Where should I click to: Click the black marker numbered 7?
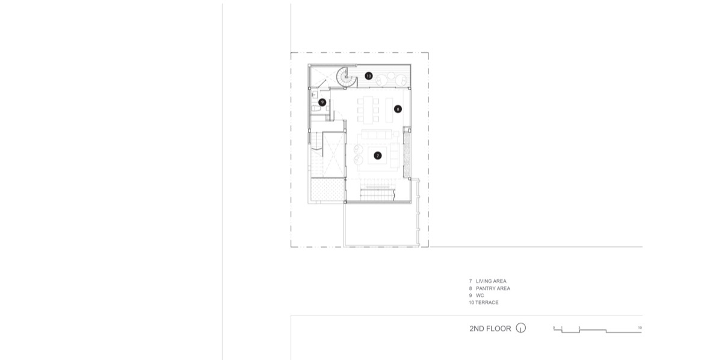pos(377,156)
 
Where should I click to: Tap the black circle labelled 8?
pos(398,109)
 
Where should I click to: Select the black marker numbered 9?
pos(322,102)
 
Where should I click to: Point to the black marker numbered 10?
pos(368,76)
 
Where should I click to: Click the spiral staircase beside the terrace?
pos(346,77)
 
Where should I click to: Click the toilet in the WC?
pos(316,109)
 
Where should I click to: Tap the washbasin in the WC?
pos(314,95)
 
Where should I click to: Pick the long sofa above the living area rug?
pos(377,134)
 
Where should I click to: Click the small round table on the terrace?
pos(391,76)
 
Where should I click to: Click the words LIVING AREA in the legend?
pos(491,281)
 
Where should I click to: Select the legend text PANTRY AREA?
pos(493,288)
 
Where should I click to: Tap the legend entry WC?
pos(480,296)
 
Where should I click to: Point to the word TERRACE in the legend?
pos(487,303)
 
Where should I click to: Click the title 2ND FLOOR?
pos(490,329)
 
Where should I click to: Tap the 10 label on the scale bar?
pos(640,327)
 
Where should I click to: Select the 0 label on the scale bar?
pos(554,327)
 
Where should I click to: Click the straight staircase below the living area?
pos(377,194)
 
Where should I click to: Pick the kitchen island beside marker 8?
pos(389,110)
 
